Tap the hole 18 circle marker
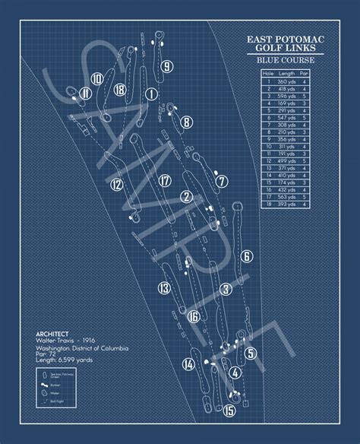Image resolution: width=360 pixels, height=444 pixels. click(x=119, y=90)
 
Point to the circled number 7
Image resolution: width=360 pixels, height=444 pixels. click(x=221, y=181)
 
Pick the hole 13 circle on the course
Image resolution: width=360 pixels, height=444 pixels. click(x=164, y=287)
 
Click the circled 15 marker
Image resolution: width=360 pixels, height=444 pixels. click(x=229, y=411)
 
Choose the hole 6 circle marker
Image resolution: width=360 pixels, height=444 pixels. click(x=245, y=255)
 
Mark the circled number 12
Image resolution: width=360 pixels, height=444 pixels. click(x=116, y=183)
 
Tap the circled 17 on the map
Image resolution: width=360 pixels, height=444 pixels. click(x=165, y=180)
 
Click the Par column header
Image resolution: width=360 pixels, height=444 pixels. click(x=304, y=73)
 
